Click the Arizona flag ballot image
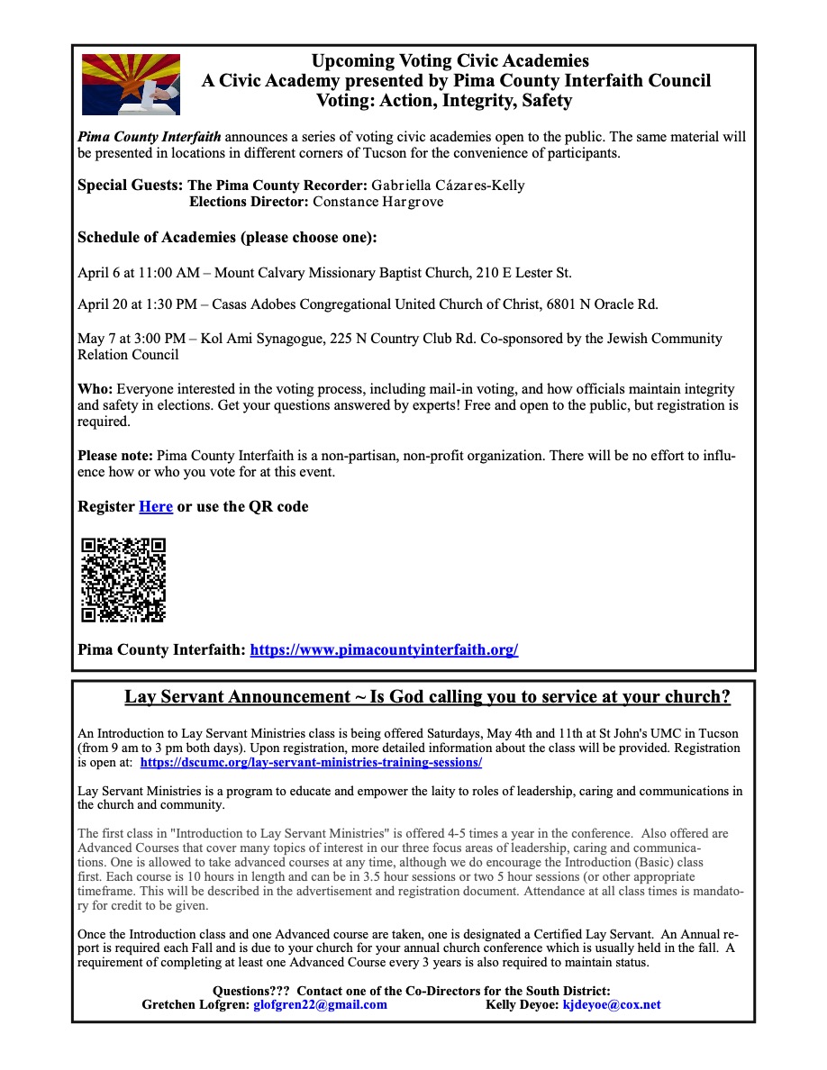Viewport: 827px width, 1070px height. point(131,85)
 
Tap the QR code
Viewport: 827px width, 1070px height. point(123,579)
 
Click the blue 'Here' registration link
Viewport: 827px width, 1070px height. point(156,507)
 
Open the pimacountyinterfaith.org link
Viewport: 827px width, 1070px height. point(384,649)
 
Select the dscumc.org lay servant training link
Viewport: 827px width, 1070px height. point(311,762)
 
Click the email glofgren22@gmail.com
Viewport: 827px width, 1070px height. point(320,1004)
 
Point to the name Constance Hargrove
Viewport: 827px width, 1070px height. point(377,202)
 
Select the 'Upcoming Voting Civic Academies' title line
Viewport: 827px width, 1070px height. point(450,61)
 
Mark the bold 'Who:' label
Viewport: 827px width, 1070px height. point(95,389)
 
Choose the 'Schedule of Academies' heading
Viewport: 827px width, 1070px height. point(227,238)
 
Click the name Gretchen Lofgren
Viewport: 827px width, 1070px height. point(195,1004)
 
